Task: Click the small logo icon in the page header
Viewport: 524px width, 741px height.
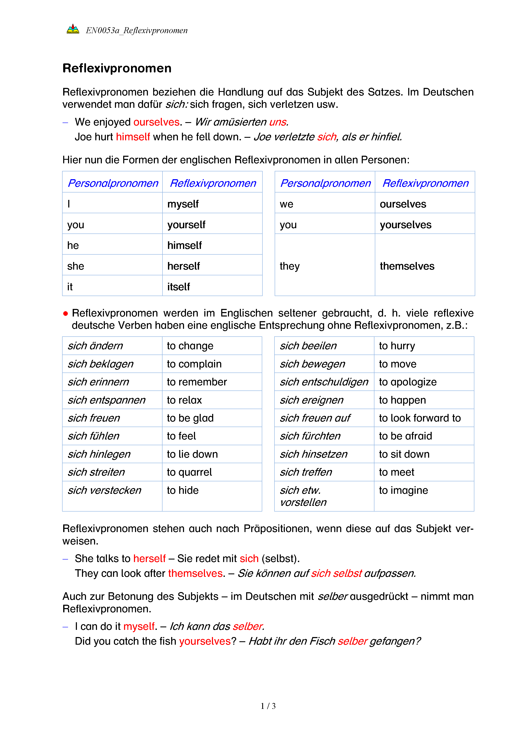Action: point(73,29)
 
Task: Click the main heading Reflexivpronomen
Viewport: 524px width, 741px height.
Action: point(117,68)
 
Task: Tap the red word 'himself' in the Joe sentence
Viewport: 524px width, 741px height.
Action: point(133,137)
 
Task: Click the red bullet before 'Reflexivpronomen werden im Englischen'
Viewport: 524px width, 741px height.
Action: point(65,313)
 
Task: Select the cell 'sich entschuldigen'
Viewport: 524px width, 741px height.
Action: point(324,382)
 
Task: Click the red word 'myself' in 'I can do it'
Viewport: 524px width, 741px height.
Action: point(139,626)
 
